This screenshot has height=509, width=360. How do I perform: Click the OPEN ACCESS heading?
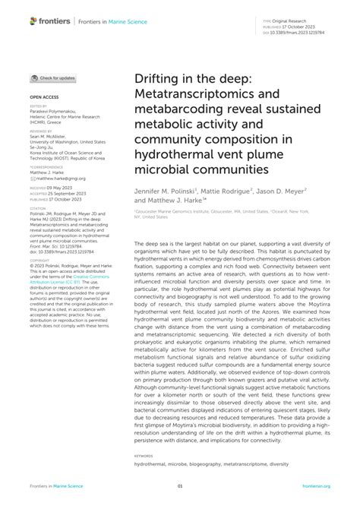tap(43, 98)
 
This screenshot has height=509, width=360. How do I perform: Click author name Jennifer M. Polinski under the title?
tap(166, 192)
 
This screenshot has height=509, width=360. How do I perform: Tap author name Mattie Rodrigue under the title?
tap(230, 192)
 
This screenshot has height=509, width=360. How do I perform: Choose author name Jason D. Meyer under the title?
tap(281, 192)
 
